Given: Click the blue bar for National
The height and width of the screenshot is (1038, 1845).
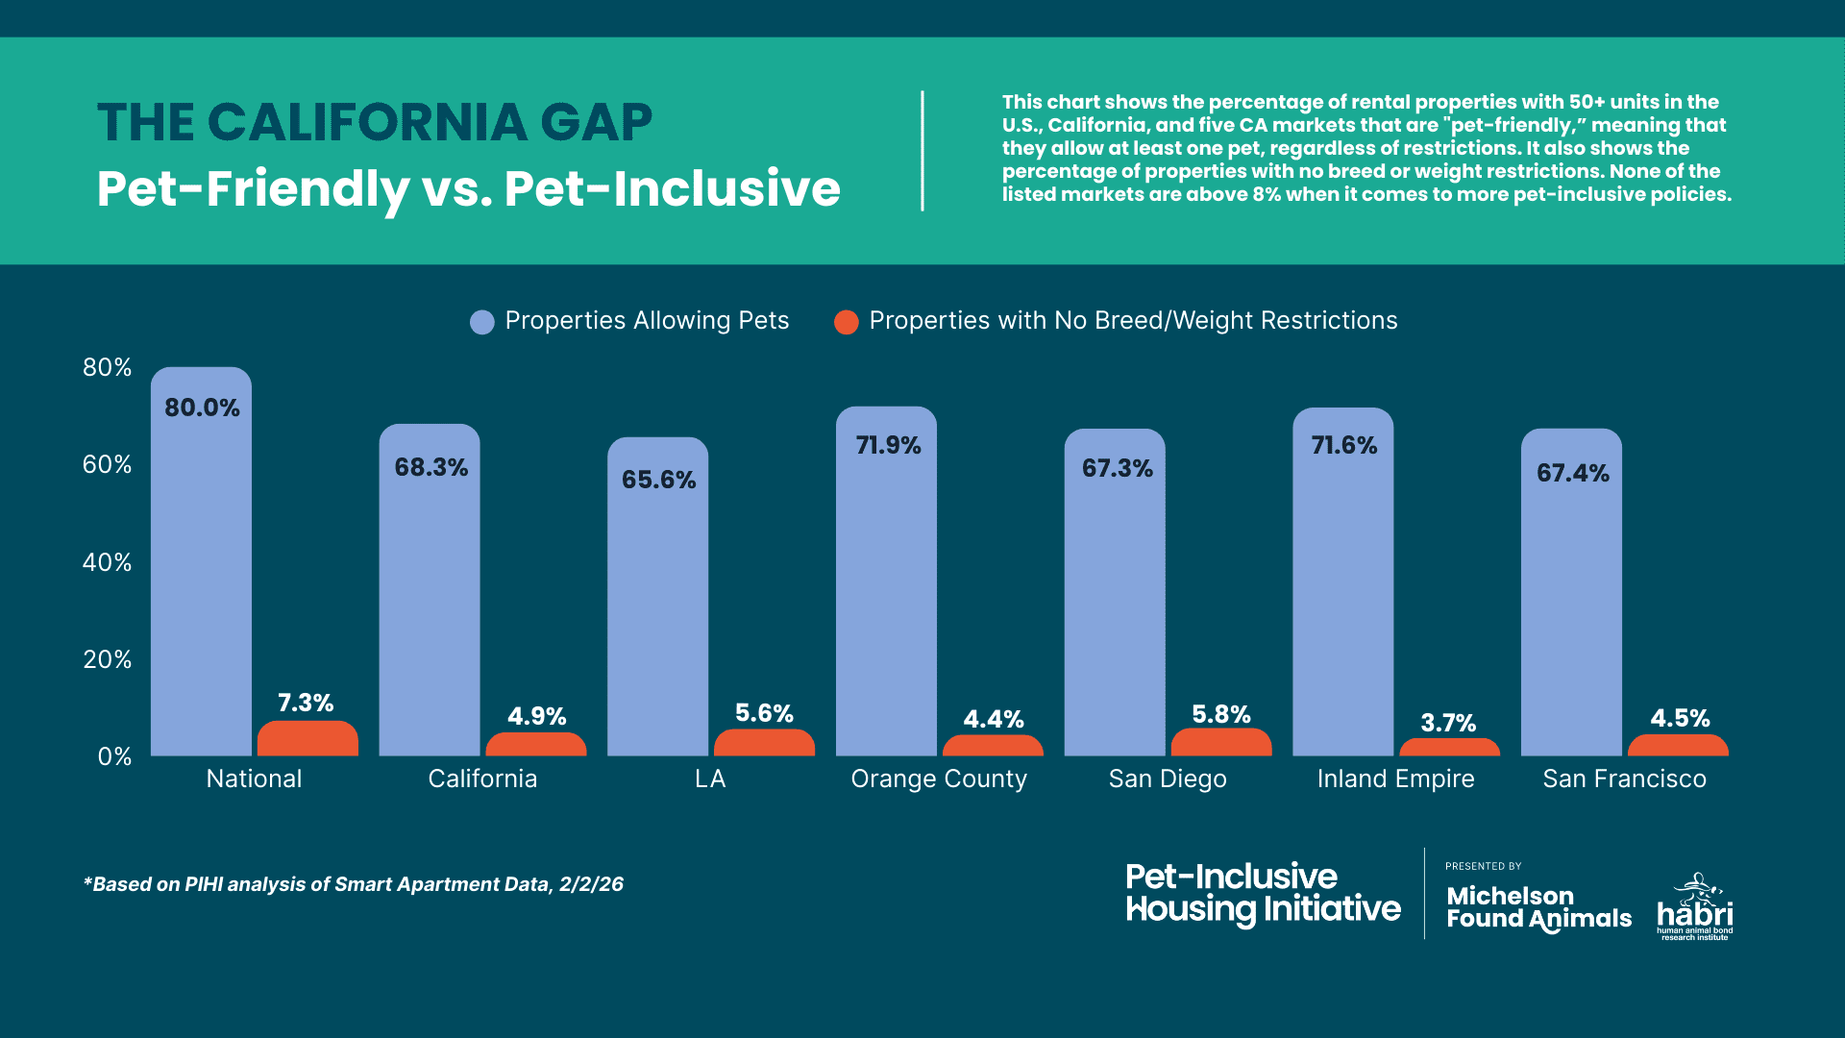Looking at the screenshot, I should coord(201,577).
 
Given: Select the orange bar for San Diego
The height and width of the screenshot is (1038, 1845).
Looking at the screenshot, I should coord(1220,743).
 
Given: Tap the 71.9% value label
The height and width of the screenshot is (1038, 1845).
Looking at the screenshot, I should coord(888,446).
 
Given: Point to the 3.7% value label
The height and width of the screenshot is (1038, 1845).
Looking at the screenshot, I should coord(1448,723).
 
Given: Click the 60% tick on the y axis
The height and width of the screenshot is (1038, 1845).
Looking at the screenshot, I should coord(107,465).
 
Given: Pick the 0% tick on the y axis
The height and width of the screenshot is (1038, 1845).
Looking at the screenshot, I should coord(114,757).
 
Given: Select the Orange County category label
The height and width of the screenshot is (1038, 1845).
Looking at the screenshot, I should coord(939,778).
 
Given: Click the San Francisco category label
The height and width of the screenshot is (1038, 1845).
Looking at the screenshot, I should coord(1624,778).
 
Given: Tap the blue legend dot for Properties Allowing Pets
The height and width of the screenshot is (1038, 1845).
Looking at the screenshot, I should coord(481,322).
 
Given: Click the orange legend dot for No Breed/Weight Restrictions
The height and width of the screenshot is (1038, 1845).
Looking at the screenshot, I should coord(846,322).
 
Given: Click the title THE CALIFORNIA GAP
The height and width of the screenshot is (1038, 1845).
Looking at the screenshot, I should coord(375,123).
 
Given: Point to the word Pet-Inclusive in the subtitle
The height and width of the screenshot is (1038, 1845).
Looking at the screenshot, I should coord(672,188).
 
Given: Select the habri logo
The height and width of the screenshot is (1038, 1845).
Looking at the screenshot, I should coord(1695,907).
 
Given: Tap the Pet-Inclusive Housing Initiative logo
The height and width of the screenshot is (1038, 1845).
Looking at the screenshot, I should coord(1263,894).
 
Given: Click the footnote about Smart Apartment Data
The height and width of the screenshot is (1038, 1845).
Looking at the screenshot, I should coord(354,884).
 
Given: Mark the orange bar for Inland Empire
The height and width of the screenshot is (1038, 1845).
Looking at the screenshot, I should coord(1449,748).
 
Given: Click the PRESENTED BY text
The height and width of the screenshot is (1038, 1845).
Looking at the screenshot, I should coord(1483,866).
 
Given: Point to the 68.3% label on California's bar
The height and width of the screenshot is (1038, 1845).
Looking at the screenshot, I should coord(431,468).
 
